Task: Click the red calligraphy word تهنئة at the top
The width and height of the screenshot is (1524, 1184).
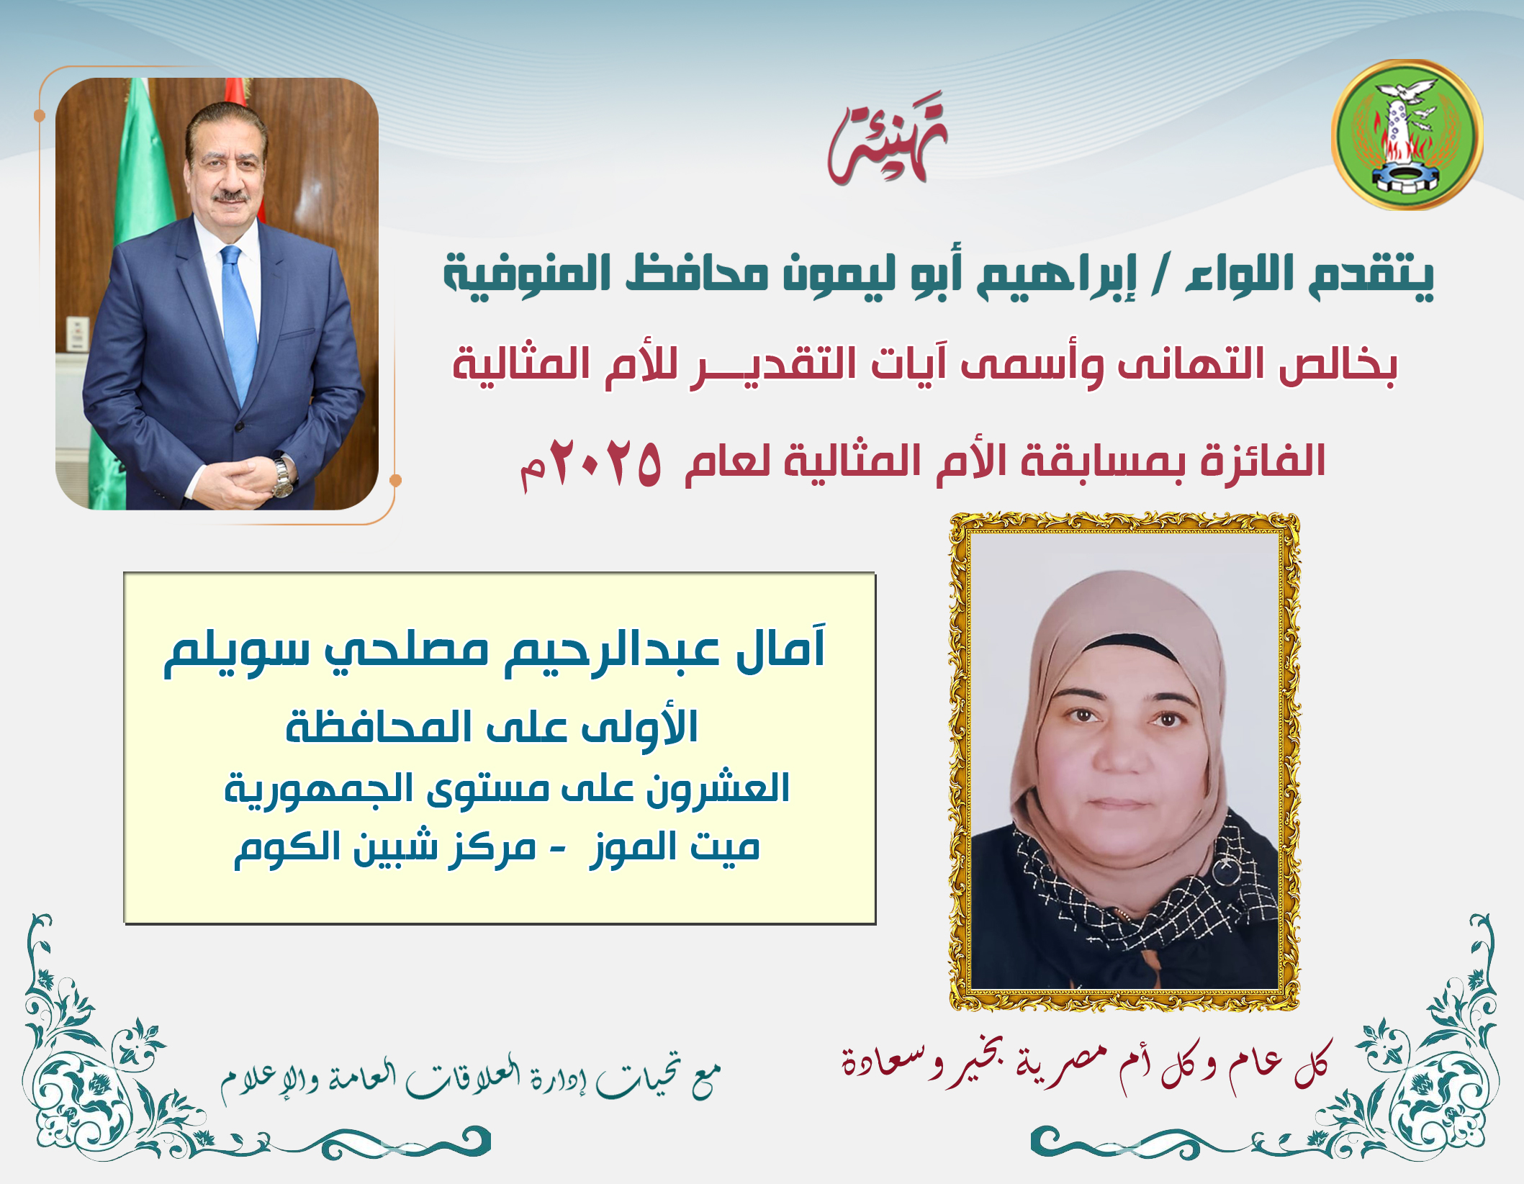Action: (888, 138)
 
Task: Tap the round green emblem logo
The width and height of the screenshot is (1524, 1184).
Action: (1407, 135)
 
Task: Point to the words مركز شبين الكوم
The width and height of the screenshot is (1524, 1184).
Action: (385, 848)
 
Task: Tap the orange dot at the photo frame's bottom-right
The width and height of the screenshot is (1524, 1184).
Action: (394, 479)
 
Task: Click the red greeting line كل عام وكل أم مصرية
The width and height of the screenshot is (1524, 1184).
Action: (1086, 1065)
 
